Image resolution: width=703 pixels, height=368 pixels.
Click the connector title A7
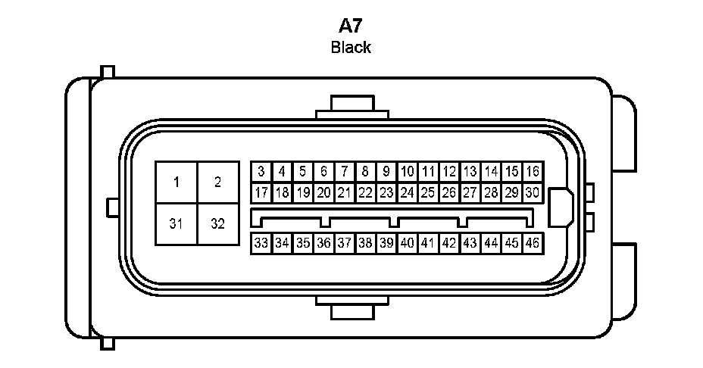click(x=350, y=26)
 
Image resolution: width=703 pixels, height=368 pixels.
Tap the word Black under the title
click(x=351, y=48)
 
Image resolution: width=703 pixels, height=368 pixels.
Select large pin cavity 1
click(x=177, y=182)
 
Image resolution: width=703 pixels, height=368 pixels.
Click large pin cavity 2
click(x=218, y=182)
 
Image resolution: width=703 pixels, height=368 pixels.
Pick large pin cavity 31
click(x=177, y=224)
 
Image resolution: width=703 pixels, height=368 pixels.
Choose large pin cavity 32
click(x=218, y=224)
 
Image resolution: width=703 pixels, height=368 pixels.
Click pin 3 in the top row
click(x=261, y=172)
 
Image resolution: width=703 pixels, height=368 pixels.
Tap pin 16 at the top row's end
click(x=533, y=172)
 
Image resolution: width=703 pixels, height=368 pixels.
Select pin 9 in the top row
click(x=386, y=172)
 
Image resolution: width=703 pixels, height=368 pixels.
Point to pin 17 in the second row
click(x=261, y=192)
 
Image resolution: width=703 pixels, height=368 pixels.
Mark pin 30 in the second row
click(x=533, y=192)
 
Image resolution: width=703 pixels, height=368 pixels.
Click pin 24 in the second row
click(x=408, y=192)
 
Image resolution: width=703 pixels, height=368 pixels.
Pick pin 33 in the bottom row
click(x=261, y=243)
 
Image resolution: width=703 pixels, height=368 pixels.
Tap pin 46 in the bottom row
click(x=533, y=243)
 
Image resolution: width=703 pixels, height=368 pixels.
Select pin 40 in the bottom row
click(x=408, y=243)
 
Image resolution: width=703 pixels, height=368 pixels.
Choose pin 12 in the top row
click(x=449, y=172)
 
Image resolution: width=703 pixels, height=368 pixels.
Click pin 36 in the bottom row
click(x=323, y=243)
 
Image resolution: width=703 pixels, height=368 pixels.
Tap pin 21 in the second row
click(x=345, y=192)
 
